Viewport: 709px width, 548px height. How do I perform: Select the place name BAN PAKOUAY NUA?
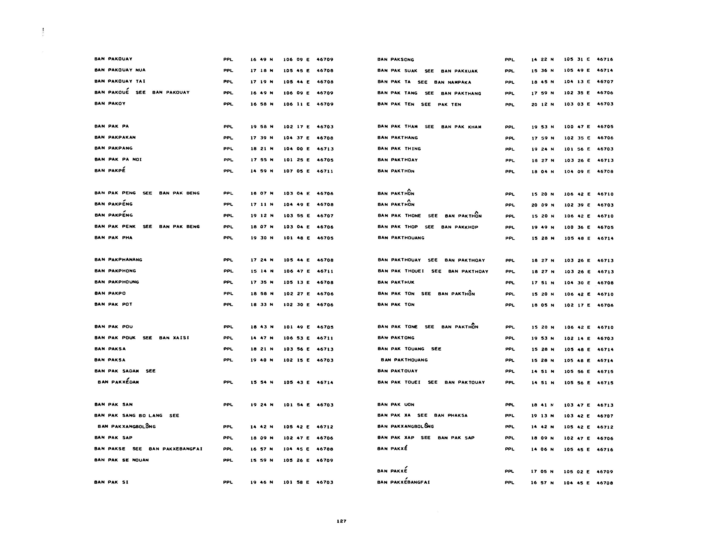120,70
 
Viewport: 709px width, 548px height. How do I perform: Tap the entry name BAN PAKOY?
110,104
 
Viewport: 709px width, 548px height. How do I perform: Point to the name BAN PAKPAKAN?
115,137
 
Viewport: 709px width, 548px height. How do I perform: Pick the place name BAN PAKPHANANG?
118,260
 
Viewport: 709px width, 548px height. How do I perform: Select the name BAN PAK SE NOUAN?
121,460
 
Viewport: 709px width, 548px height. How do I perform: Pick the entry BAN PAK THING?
399,149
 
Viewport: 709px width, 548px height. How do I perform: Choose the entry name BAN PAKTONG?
396,338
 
